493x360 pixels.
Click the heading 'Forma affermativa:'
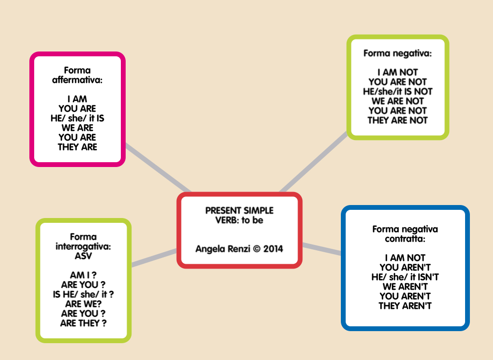tap(77, 75)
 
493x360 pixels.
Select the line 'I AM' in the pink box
tap(77, 99)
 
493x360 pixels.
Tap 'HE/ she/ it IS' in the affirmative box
tap(77, 118)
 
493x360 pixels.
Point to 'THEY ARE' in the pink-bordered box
tap(77, 147)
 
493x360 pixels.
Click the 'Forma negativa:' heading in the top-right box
tap(398, 53)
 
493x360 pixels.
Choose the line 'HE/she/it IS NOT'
tap(398, 91)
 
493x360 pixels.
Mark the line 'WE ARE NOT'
tap(398, 101)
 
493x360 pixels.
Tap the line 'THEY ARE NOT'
tap(398, 120)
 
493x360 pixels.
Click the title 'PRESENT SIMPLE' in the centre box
tap(239, 211)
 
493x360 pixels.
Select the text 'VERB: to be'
tap(239, 220)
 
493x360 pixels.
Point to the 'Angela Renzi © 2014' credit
tap(239, 249)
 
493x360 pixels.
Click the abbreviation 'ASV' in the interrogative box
tap(83, 256)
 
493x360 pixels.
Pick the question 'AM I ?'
tap(83, 275)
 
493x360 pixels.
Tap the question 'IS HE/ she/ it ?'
tap(83, 295)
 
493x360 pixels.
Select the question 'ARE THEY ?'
tap(83, 323)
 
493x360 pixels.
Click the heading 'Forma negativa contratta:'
tap(405, 234)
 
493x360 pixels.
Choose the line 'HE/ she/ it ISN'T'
tap(405, 277)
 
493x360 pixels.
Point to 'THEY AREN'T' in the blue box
tap(405, 306)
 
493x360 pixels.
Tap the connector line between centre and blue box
tap(322, 248)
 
